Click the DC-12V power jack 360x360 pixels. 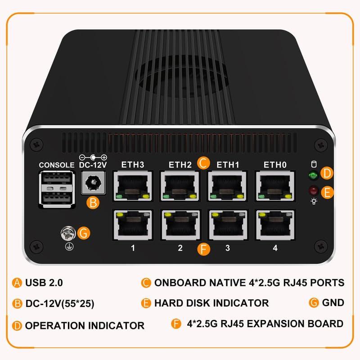coord(94,183)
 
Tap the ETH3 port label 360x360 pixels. coord(133,165)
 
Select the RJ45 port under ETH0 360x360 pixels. coord(275,186)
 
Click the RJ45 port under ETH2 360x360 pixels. coord(180,186)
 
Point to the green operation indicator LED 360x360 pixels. coord(313,175)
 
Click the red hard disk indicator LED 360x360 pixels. coord(313,190)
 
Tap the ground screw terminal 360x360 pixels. coord(68,234)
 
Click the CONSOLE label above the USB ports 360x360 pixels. coord(57,165)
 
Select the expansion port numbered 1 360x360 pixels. coord(133,225)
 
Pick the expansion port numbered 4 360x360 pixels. coord(275,225)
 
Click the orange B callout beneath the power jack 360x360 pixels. coord(93,203)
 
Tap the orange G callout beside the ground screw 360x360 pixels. coord(84,233)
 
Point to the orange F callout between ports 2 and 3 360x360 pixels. coord(204,249)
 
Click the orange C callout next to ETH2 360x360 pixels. coord(203,163)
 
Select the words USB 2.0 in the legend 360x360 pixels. coord(44,283)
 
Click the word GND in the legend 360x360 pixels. coord(333,302)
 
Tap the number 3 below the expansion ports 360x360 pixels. coord(228,248)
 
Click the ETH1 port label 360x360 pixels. coord(228,165)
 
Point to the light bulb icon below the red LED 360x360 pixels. coord(314,201)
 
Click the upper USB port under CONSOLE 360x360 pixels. coord(57,177)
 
